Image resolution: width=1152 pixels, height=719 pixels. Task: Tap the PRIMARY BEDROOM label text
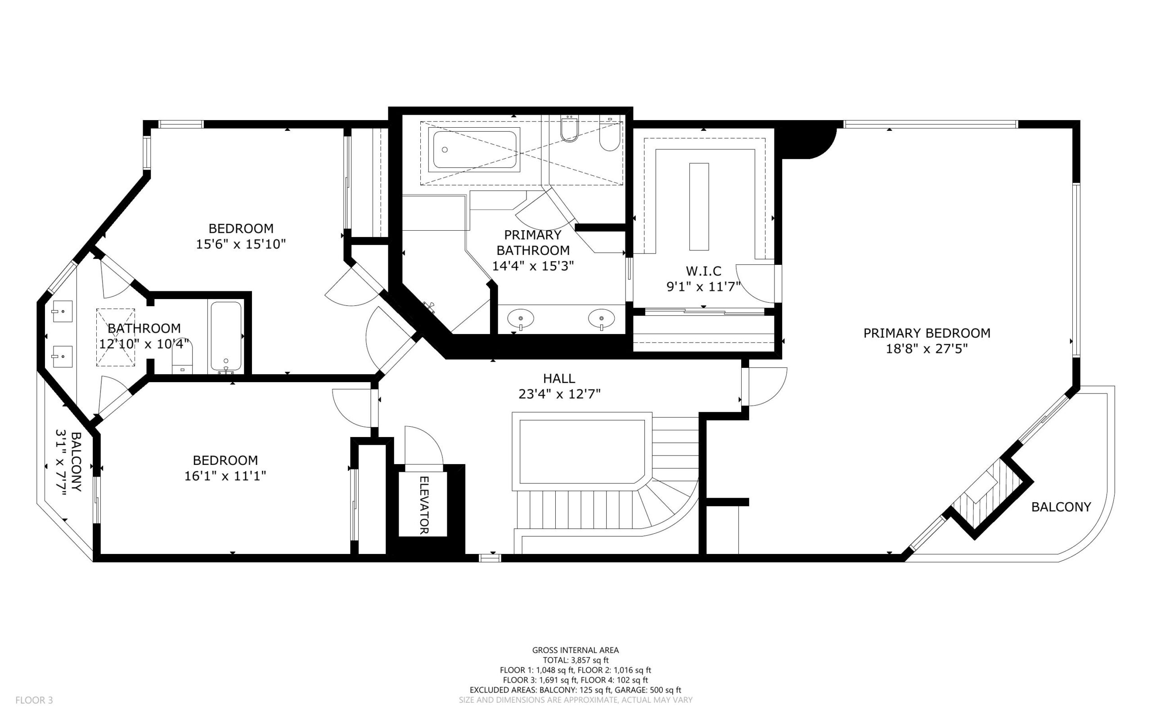pyautogui.click(x=927, y=333)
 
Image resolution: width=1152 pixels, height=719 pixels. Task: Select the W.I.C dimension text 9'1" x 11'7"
pyautogui.click(x=703, y=287)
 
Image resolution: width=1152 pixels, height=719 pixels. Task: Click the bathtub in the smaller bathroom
pyautogui.click(x=226, y=338)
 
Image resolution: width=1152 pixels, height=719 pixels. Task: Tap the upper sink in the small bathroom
pyautogui.click(x=62, y=312)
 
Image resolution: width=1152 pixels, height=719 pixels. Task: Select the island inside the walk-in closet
pyautogui.click(x=699, y=206)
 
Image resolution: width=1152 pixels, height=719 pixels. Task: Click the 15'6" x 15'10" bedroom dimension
pyautogui.click(x=241, y=245)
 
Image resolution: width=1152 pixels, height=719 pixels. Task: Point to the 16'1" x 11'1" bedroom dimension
pyautogui.click(x=225, y=476)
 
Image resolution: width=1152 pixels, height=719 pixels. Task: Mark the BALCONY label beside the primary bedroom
pyautogui.click(x=1061, y=507)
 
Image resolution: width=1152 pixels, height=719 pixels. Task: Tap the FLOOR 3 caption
pyautogui.click(x=34, y=700)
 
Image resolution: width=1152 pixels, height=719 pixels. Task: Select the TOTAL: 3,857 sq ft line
pyautogui.click(x=576, y=660)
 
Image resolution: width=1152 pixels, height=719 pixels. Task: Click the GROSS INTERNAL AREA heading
pyautogui.click(x=575, y=650)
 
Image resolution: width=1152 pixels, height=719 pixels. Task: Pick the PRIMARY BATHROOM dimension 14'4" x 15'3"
pyautogui.click(x=533, y=266)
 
